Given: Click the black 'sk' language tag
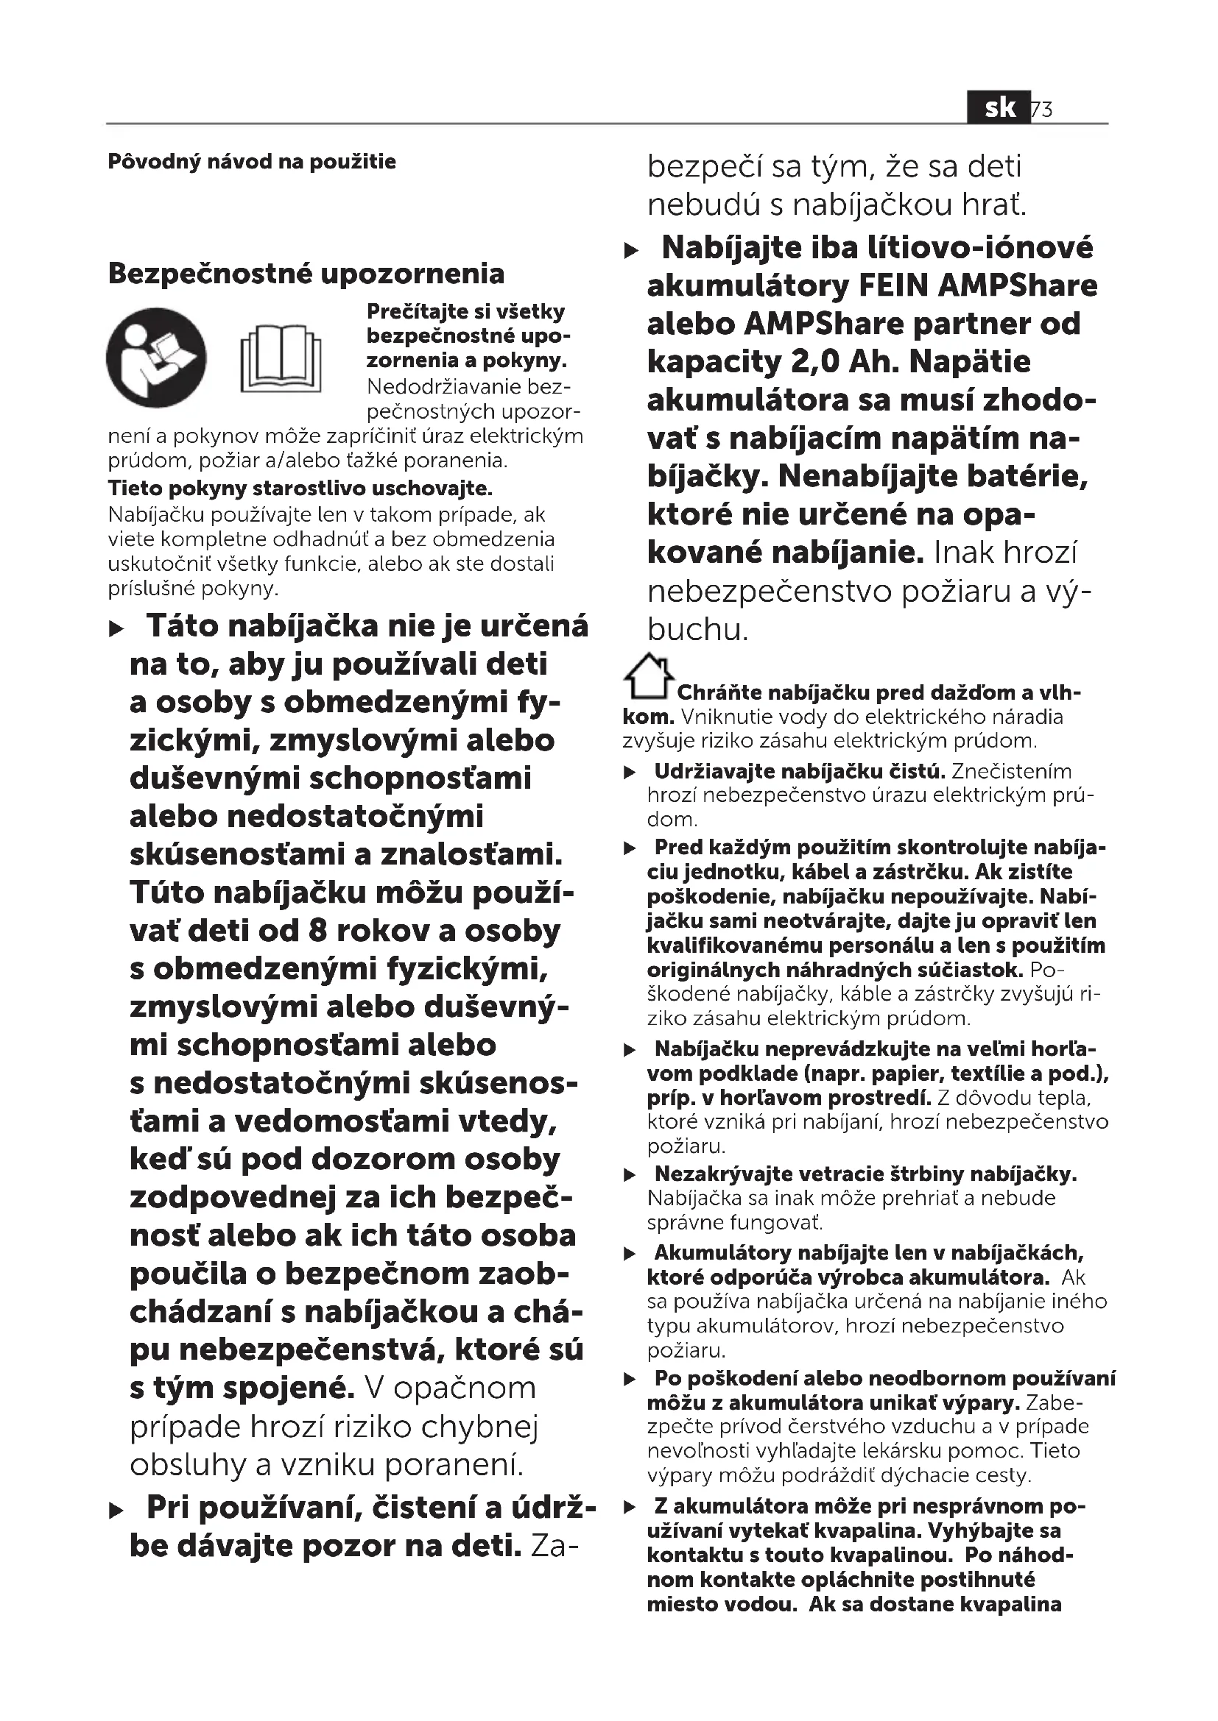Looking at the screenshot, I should coord(999,108).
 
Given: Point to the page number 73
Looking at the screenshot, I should coord(1043,110).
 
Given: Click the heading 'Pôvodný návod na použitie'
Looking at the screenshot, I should coord(251,162).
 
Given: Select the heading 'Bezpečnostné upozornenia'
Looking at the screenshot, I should coord(306,274).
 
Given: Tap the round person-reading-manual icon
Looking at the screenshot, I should coord(156,358).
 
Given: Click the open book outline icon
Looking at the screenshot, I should coord(281,358).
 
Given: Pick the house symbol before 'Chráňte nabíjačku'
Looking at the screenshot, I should coord(647,676).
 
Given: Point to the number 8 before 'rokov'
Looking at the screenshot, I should coord(317,931).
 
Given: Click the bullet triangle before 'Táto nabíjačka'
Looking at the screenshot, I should coord(116,629).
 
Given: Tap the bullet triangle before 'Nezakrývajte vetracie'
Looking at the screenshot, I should coord(631,1175).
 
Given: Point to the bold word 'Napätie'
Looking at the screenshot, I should coord(970,362).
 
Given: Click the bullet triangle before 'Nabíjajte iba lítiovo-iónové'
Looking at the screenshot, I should coord(633,250).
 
